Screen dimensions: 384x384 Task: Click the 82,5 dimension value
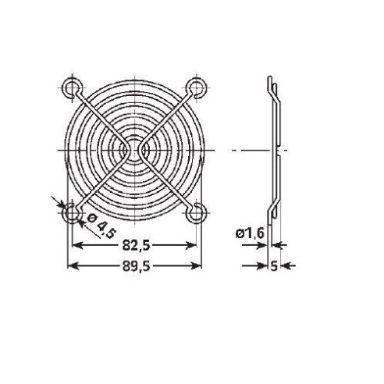click(136, 245)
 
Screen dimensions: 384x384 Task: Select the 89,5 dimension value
click(136, 266)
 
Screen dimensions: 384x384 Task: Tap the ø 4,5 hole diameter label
click(101, 226)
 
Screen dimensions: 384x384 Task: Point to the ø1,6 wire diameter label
click(250, 233)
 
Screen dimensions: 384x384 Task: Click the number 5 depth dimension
click(274, 266)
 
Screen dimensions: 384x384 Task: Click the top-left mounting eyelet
click(72, 87)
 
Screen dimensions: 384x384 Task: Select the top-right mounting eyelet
click(197, 87)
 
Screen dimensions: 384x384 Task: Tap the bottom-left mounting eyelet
click(71, 213)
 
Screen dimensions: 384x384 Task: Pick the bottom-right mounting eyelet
click(197, 213)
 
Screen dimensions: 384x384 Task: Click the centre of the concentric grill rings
click(134, 150)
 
